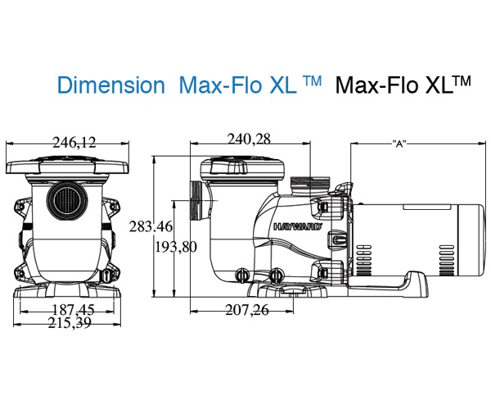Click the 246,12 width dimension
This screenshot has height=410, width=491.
[x=74, y=143]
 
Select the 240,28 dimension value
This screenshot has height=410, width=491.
[x=249, y=139]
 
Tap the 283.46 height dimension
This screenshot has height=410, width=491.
[x=151, y=226]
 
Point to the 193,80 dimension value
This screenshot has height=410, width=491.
[x=176, y=247]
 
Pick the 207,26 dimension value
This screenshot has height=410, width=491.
[x=247, y=310]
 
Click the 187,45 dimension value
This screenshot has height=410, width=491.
[x=73, y=310]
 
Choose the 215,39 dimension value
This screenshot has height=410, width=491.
[x=70, y=323]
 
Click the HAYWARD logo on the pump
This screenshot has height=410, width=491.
[x=298, y=226]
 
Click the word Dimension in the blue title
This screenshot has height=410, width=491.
[x=111, y=85]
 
